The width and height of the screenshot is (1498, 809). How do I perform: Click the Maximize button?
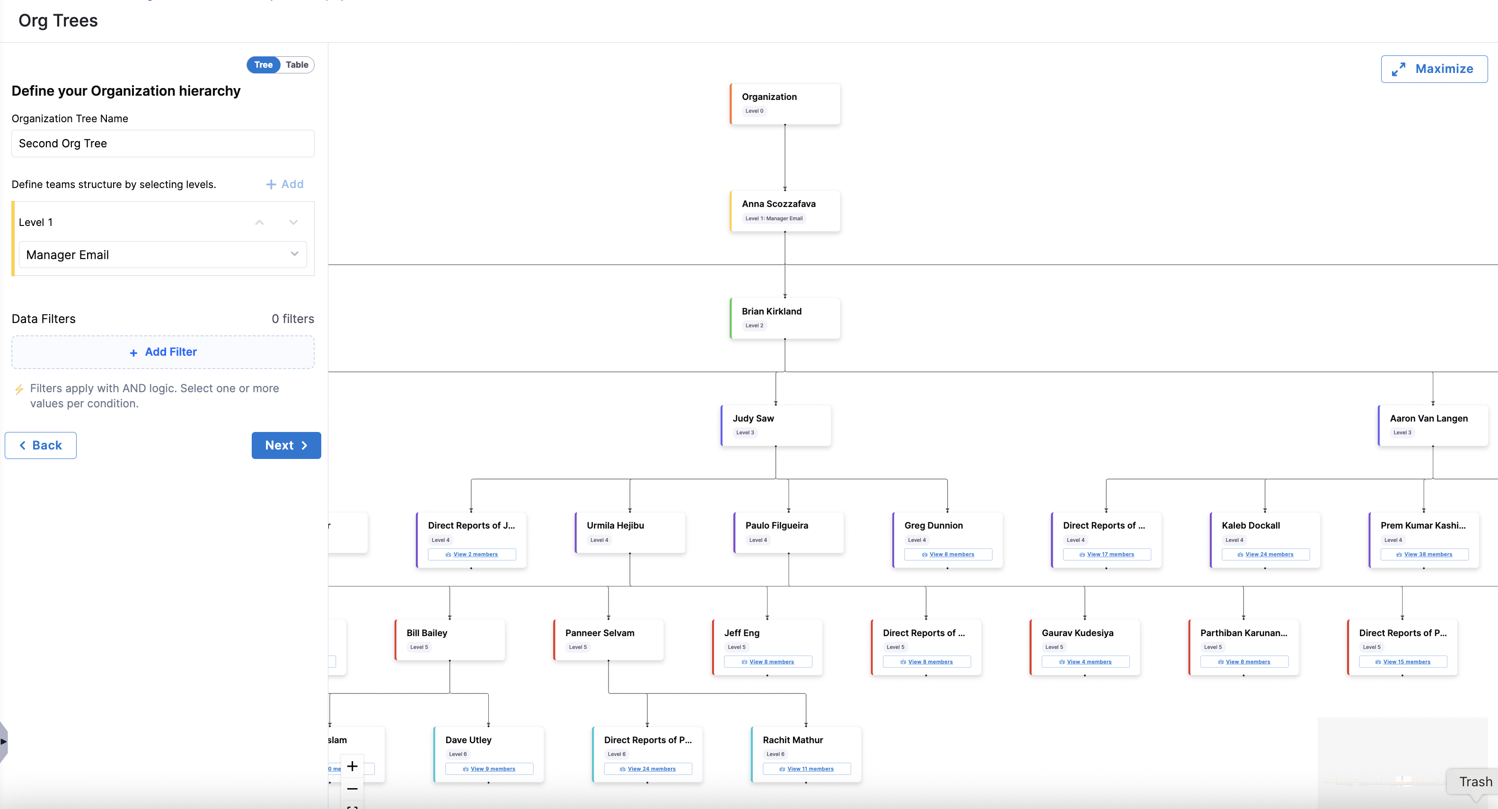point(1434,69)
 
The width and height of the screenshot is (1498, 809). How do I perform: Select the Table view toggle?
point(297,64)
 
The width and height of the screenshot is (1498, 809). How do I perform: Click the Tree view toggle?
point(264,64)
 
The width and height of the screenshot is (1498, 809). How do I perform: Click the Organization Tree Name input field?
point(163,143)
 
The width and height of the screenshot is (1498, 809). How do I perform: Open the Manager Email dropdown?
point(163,255)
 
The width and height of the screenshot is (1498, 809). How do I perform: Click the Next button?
point(286,445)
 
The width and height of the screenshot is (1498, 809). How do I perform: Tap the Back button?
point(41,445)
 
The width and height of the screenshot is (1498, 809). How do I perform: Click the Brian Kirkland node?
point(784,318)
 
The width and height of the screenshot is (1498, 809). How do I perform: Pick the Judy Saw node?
point(775,425)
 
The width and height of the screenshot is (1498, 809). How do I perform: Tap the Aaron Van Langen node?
point(1432,425)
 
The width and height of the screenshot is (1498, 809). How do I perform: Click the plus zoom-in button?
point(352,766)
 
